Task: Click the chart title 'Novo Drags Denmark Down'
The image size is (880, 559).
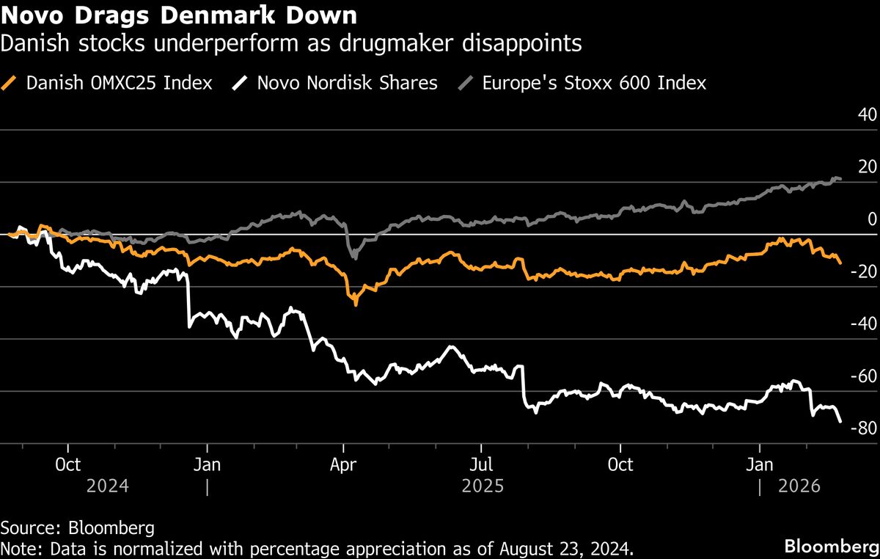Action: tap(180, 16)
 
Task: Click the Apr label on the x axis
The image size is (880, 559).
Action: tap(343, 466)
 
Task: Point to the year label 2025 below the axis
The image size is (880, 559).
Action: tap(483, 486)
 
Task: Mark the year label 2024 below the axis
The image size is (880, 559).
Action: tap(108, 486)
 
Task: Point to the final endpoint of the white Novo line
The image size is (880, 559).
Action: tap(840, 421)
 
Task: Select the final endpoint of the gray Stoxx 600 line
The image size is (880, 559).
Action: tap(840, 179)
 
